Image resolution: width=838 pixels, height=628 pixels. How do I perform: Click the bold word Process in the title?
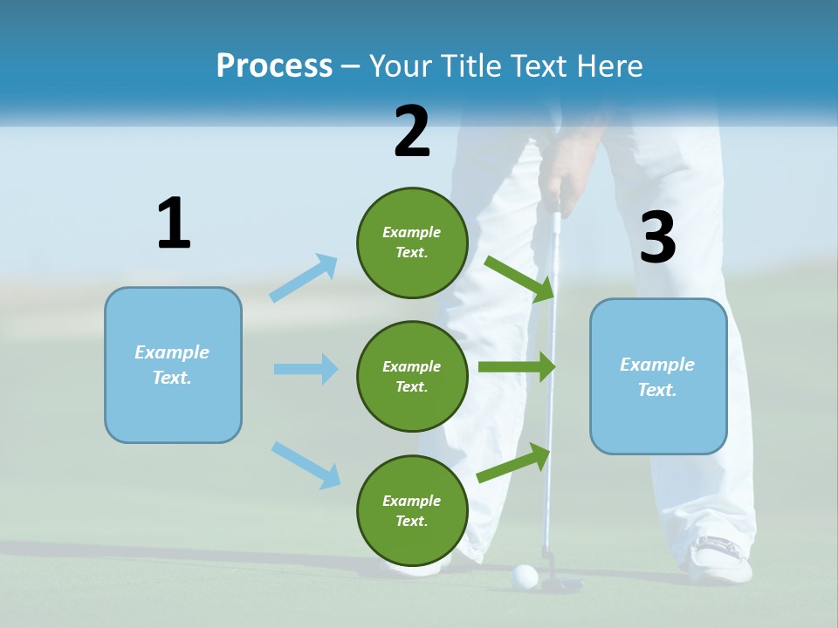[274, 65]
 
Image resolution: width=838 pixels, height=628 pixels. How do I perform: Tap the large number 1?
[174, 224]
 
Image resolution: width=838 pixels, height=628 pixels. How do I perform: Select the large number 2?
[412, 131]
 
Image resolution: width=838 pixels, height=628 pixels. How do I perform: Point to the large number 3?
[658, 238]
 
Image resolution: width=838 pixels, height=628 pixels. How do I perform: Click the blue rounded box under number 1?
[173, 365]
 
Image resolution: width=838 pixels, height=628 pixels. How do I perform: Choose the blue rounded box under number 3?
[658, 376]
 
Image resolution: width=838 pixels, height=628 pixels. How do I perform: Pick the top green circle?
[412, 242]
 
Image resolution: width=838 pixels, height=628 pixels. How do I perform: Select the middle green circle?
[412, 376]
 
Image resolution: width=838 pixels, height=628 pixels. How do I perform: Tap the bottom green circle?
[412, 510]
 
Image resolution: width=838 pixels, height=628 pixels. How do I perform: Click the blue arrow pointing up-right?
[304, 278]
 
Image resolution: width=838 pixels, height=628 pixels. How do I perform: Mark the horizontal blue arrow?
[306, 369]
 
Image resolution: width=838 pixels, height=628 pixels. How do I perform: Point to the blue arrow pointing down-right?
[306, 465]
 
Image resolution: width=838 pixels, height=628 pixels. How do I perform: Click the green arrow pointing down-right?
[519, 278]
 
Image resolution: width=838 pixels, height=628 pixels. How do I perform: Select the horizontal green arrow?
[517, 367]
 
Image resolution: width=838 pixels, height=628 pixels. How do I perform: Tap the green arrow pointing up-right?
[514, 462]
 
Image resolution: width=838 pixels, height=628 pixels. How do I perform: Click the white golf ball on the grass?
[524, 576]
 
